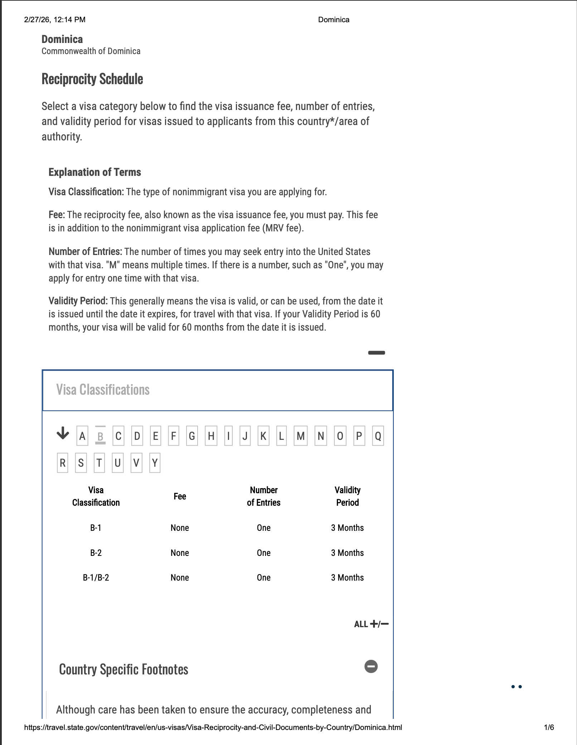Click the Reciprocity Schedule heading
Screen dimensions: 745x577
coord(92,79)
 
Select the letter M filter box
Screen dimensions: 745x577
coord(300,436)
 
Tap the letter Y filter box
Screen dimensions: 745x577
coord(155,463)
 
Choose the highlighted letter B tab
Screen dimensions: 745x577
coord(100,436)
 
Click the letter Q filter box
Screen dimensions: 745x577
coord(378,436)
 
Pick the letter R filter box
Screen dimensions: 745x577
coord(63,463)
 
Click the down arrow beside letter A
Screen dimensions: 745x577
coord(63,433)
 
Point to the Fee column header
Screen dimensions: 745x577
coord(180,496)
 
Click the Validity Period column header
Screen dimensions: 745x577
coord(347,496)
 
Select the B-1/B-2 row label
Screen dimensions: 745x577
coord(96,578)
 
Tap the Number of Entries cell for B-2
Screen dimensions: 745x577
coord(263,553)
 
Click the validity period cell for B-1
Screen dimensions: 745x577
coord(347,528)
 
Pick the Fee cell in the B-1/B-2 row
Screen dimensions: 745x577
coord(180,578)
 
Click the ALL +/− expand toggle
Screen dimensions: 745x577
coord(371,624)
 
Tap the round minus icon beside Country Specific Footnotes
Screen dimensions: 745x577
coord(371,667)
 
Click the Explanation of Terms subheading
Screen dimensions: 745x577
coord(95,172)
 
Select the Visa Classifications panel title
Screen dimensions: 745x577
coord(103,390)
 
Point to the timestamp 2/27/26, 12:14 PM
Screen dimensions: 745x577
coord(55,20)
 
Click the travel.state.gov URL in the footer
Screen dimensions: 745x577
coord(213,727)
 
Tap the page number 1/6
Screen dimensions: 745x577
coord(549,727)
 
